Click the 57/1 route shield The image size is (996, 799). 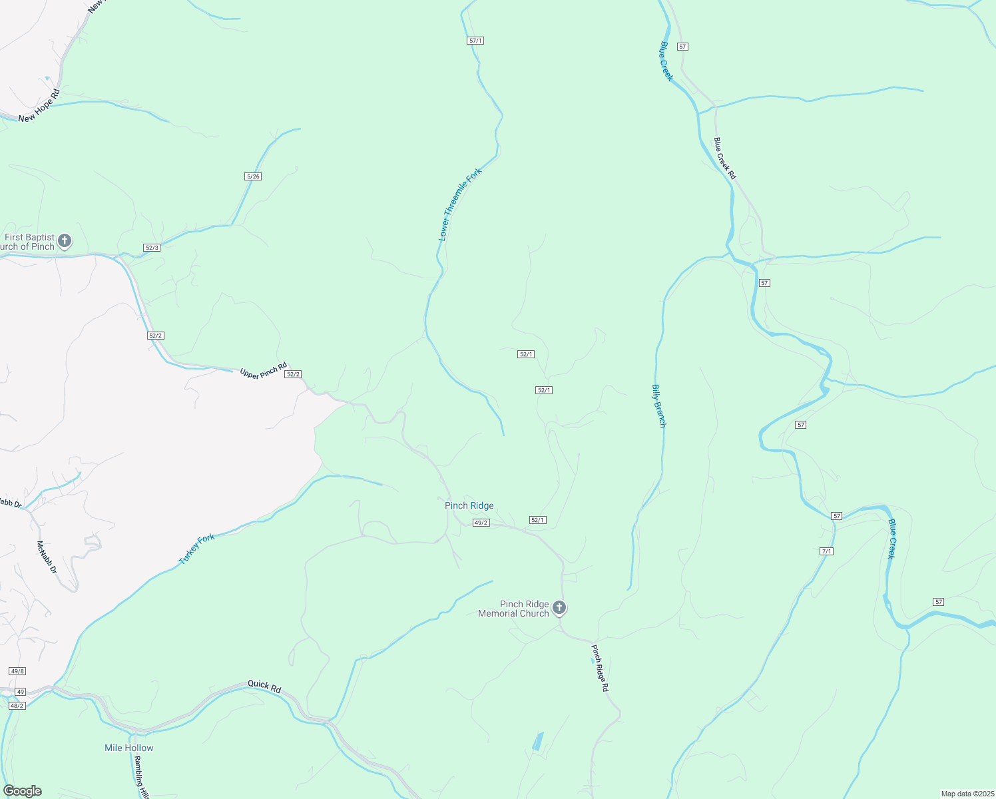coord(475,41)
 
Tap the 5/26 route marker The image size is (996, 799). coord(253,176)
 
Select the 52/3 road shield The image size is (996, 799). coord(152,248)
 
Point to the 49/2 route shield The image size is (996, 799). coord(481,523)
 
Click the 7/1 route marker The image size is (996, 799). coord(827,551)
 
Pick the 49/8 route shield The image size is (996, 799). coord(17,671)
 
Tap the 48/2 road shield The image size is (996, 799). coord(17,706)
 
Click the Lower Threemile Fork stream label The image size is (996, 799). coord(459,204)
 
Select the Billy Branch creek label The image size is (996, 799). coord(658,405)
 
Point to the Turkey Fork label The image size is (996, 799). coord(197,549)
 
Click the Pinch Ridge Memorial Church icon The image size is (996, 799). coord(559,607)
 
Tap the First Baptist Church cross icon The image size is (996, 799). coord(65,240)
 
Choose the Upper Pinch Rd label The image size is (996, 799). coord(264,371)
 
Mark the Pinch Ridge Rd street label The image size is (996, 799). coord(600,668)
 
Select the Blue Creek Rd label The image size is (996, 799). coord(724,158)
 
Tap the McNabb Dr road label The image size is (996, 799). coord(47,557)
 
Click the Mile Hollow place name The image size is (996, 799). coord(129,748)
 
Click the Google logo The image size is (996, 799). coord(22,791)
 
